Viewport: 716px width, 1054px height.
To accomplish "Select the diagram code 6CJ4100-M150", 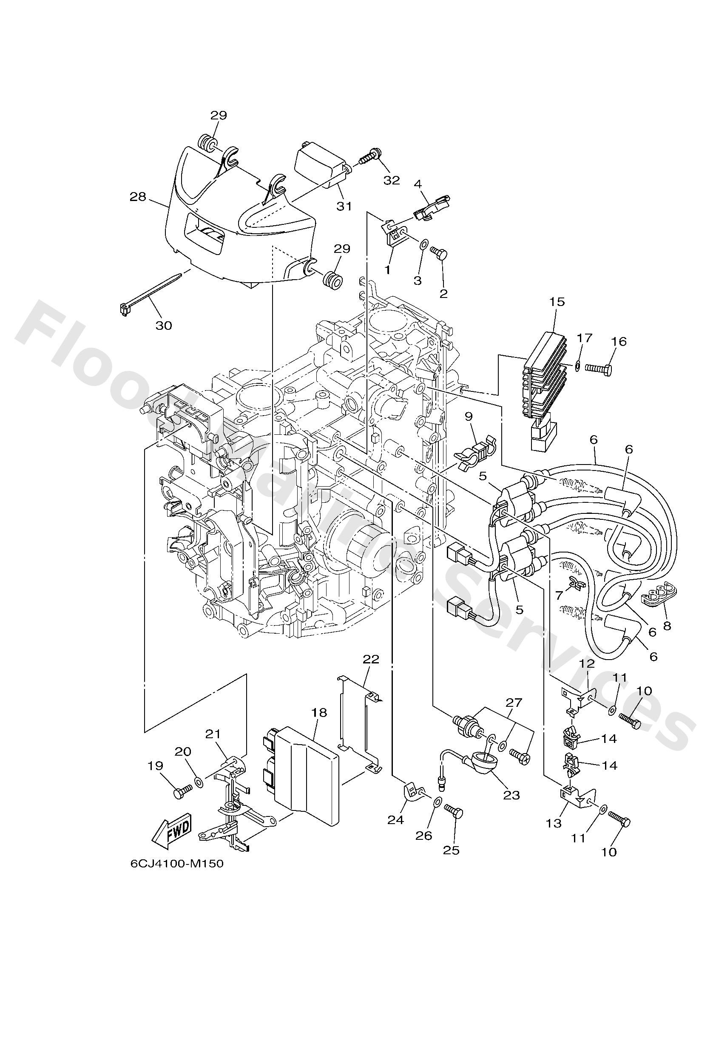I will tap(177, 864).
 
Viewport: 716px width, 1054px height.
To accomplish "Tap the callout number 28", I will tap(138, 197).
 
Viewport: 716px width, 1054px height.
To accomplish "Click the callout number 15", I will tap(557, 302).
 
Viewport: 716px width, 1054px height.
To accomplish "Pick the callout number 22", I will tap(371, 659).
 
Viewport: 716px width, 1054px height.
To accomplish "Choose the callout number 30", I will tap(164, 325).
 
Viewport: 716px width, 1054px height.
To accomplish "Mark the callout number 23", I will tap(511, 795).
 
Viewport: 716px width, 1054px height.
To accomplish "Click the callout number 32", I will tap(392, 180).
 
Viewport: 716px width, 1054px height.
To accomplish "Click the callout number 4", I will tap(418, 184).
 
